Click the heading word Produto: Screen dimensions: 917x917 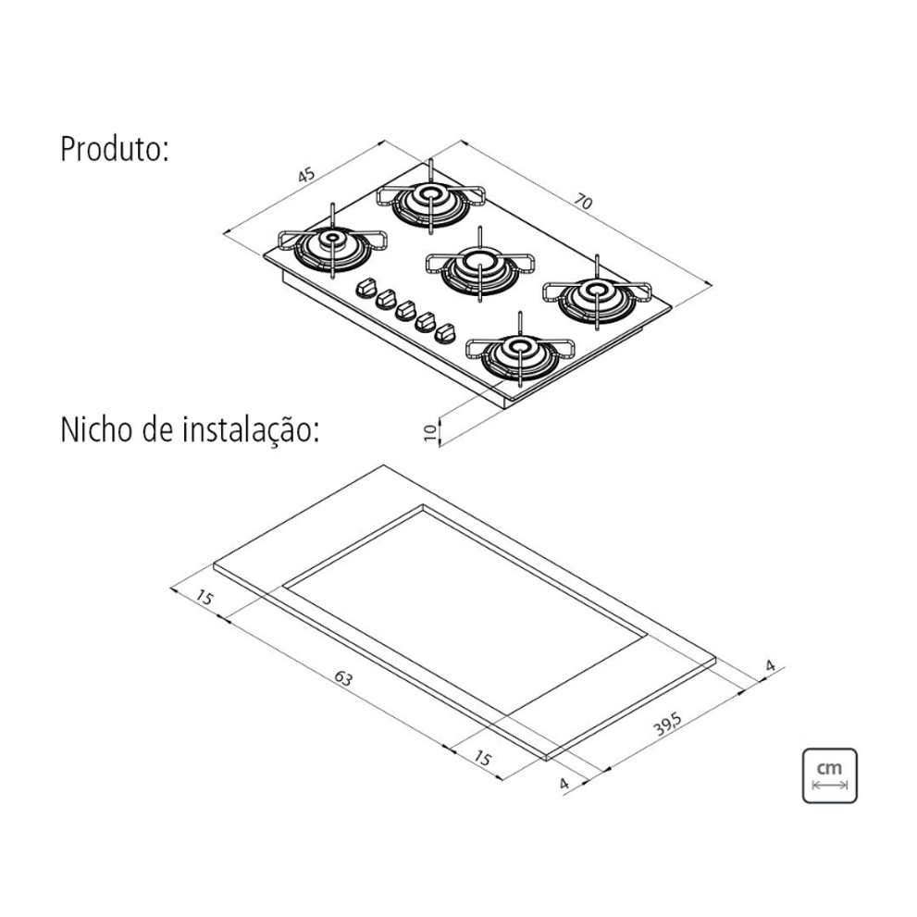click(115, 149)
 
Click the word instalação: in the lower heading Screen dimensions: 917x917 click(252, 430)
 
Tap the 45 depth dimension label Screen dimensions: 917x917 click(306, 174)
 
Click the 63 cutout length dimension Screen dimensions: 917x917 click(343, 678)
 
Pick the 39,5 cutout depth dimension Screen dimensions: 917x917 click(668, 725)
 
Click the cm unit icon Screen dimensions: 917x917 click(829, 775)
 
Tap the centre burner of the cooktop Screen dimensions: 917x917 click(479, 266)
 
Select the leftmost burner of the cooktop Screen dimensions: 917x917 click(332, 242)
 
